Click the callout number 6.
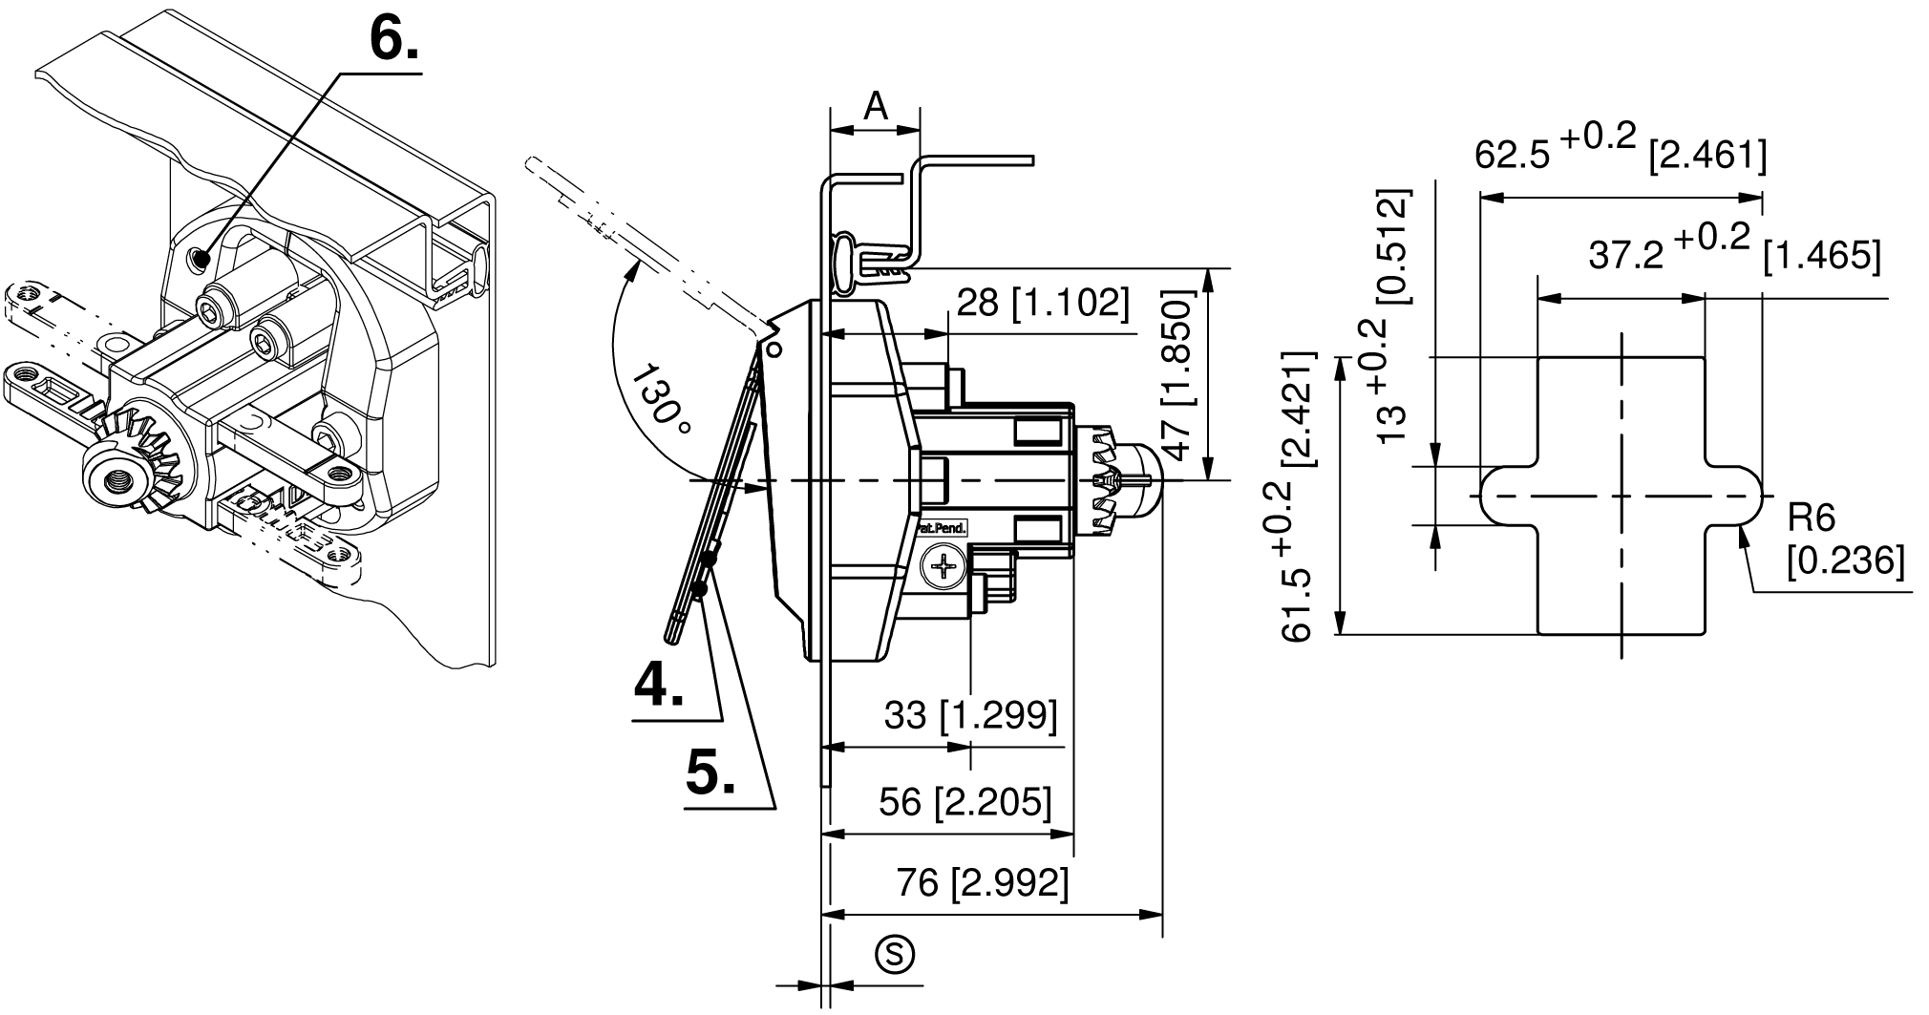tap(392, 41)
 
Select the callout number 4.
tap(660, 684)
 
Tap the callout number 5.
tap(711, 772)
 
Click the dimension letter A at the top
tap(876, 106)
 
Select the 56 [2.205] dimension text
tap(965, 803)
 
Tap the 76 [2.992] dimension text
tap(982, 883)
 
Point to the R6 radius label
tap(1812, 519)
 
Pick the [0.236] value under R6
tap(1846, 561)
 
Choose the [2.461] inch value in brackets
tap(1707, 155)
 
